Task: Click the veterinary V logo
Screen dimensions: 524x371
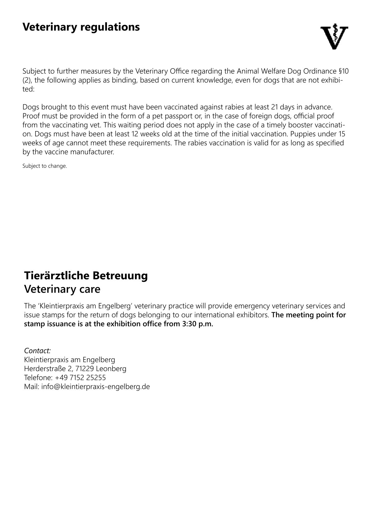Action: point(334,37)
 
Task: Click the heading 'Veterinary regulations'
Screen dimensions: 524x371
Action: point(81,27)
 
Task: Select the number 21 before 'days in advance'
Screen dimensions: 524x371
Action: point(275,107)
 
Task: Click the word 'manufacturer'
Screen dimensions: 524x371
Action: point(96,152)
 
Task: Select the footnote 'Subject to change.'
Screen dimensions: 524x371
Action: point(45,166)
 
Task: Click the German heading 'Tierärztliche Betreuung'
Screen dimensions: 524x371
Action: point(86,276)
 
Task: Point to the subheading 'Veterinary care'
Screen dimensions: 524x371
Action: point(62,289)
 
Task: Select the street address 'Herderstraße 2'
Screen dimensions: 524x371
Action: point(48,369)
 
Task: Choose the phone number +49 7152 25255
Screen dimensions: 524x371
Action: point(80,378)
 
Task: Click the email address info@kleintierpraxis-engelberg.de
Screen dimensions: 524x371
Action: point(95,387)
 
